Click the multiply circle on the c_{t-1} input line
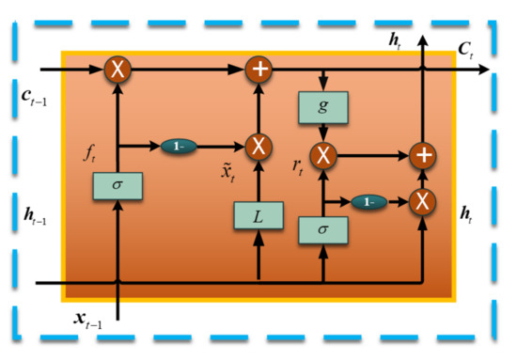[x=117, y=69]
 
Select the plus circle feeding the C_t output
[x=258, y=69]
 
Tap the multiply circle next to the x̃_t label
[x=258, y=146]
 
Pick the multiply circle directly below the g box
[x=323, y=153]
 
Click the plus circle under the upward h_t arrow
[x=423, y=153]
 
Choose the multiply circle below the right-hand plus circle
[x=423, y=200]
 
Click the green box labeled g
[x=323, y=106]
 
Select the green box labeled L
[x=258, y=217]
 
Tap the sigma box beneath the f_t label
[x=117, y=185]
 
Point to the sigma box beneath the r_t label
[x=323, y=230]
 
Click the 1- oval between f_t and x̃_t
[x=178, y=146]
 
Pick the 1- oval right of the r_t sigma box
[x=369, y=201]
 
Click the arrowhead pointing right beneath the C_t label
[x=483, y=69]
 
